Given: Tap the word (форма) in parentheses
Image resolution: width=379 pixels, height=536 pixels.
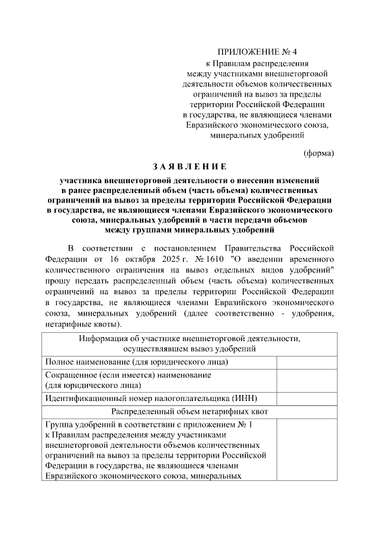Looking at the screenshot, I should pos(319,153).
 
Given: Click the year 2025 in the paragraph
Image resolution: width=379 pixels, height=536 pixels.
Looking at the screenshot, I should pos(183,259).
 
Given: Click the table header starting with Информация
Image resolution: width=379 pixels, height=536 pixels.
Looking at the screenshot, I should pos(189,344).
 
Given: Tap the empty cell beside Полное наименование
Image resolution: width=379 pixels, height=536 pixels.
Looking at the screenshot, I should pos(306,362).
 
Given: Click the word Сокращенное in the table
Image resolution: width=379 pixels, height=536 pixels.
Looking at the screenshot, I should pos(70,375).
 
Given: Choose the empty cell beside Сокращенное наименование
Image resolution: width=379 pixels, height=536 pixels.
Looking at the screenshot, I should pos(306,380).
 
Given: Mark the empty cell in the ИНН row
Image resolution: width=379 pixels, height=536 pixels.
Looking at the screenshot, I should pos(306,398).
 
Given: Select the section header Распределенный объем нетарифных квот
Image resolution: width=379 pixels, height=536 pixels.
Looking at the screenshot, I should pos(189,410).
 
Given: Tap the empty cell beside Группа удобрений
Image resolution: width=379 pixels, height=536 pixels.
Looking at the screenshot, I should pos(306,450).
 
